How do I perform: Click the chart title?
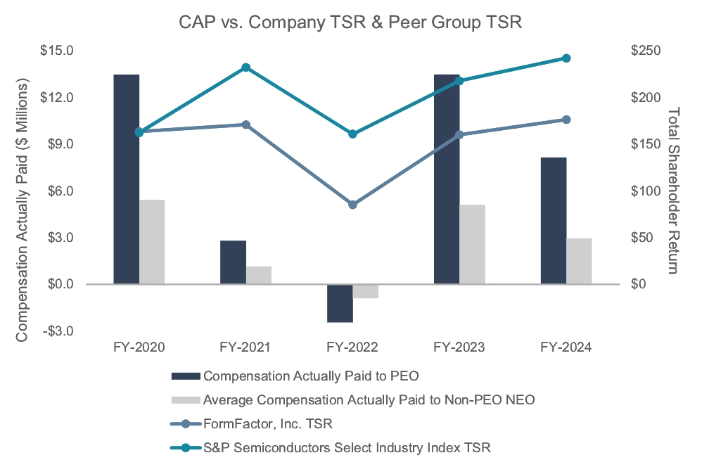350,22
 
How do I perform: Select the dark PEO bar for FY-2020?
127,179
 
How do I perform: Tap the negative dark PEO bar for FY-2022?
340,303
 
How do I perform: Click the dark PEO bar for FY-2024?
554,221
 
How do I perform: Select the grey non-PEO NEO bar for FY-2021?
259,275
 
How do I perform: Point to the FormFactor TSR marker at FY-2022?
353,205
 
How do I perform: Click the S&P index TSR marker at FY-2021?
246,68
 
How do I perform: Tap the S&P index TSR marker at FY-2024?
567,58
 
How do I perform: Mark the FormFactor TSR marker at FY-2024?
567,120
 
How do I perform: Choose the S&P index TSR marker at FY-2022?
353,134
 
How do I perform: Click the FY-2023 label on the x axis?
459,347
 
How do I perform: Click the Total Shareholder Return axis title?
674,191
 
